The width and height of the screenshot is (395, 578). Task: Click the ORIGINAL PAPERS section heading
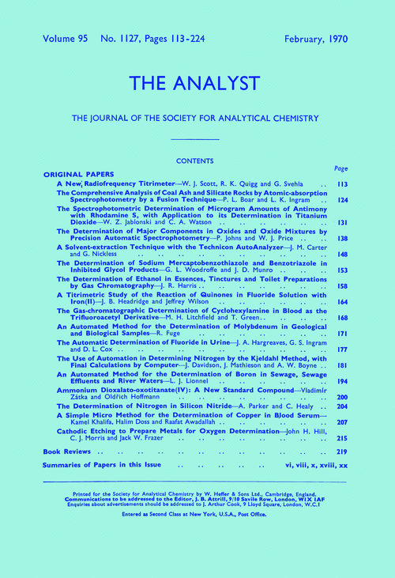[x=78, y=173]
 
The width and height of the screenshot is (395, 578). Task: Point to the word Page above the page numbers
[x=340, y=168]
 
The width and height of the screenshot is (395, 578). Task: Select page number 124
[x=341, y=199]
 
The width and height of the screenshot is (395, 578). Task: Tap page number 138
[x=341, y=237]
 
